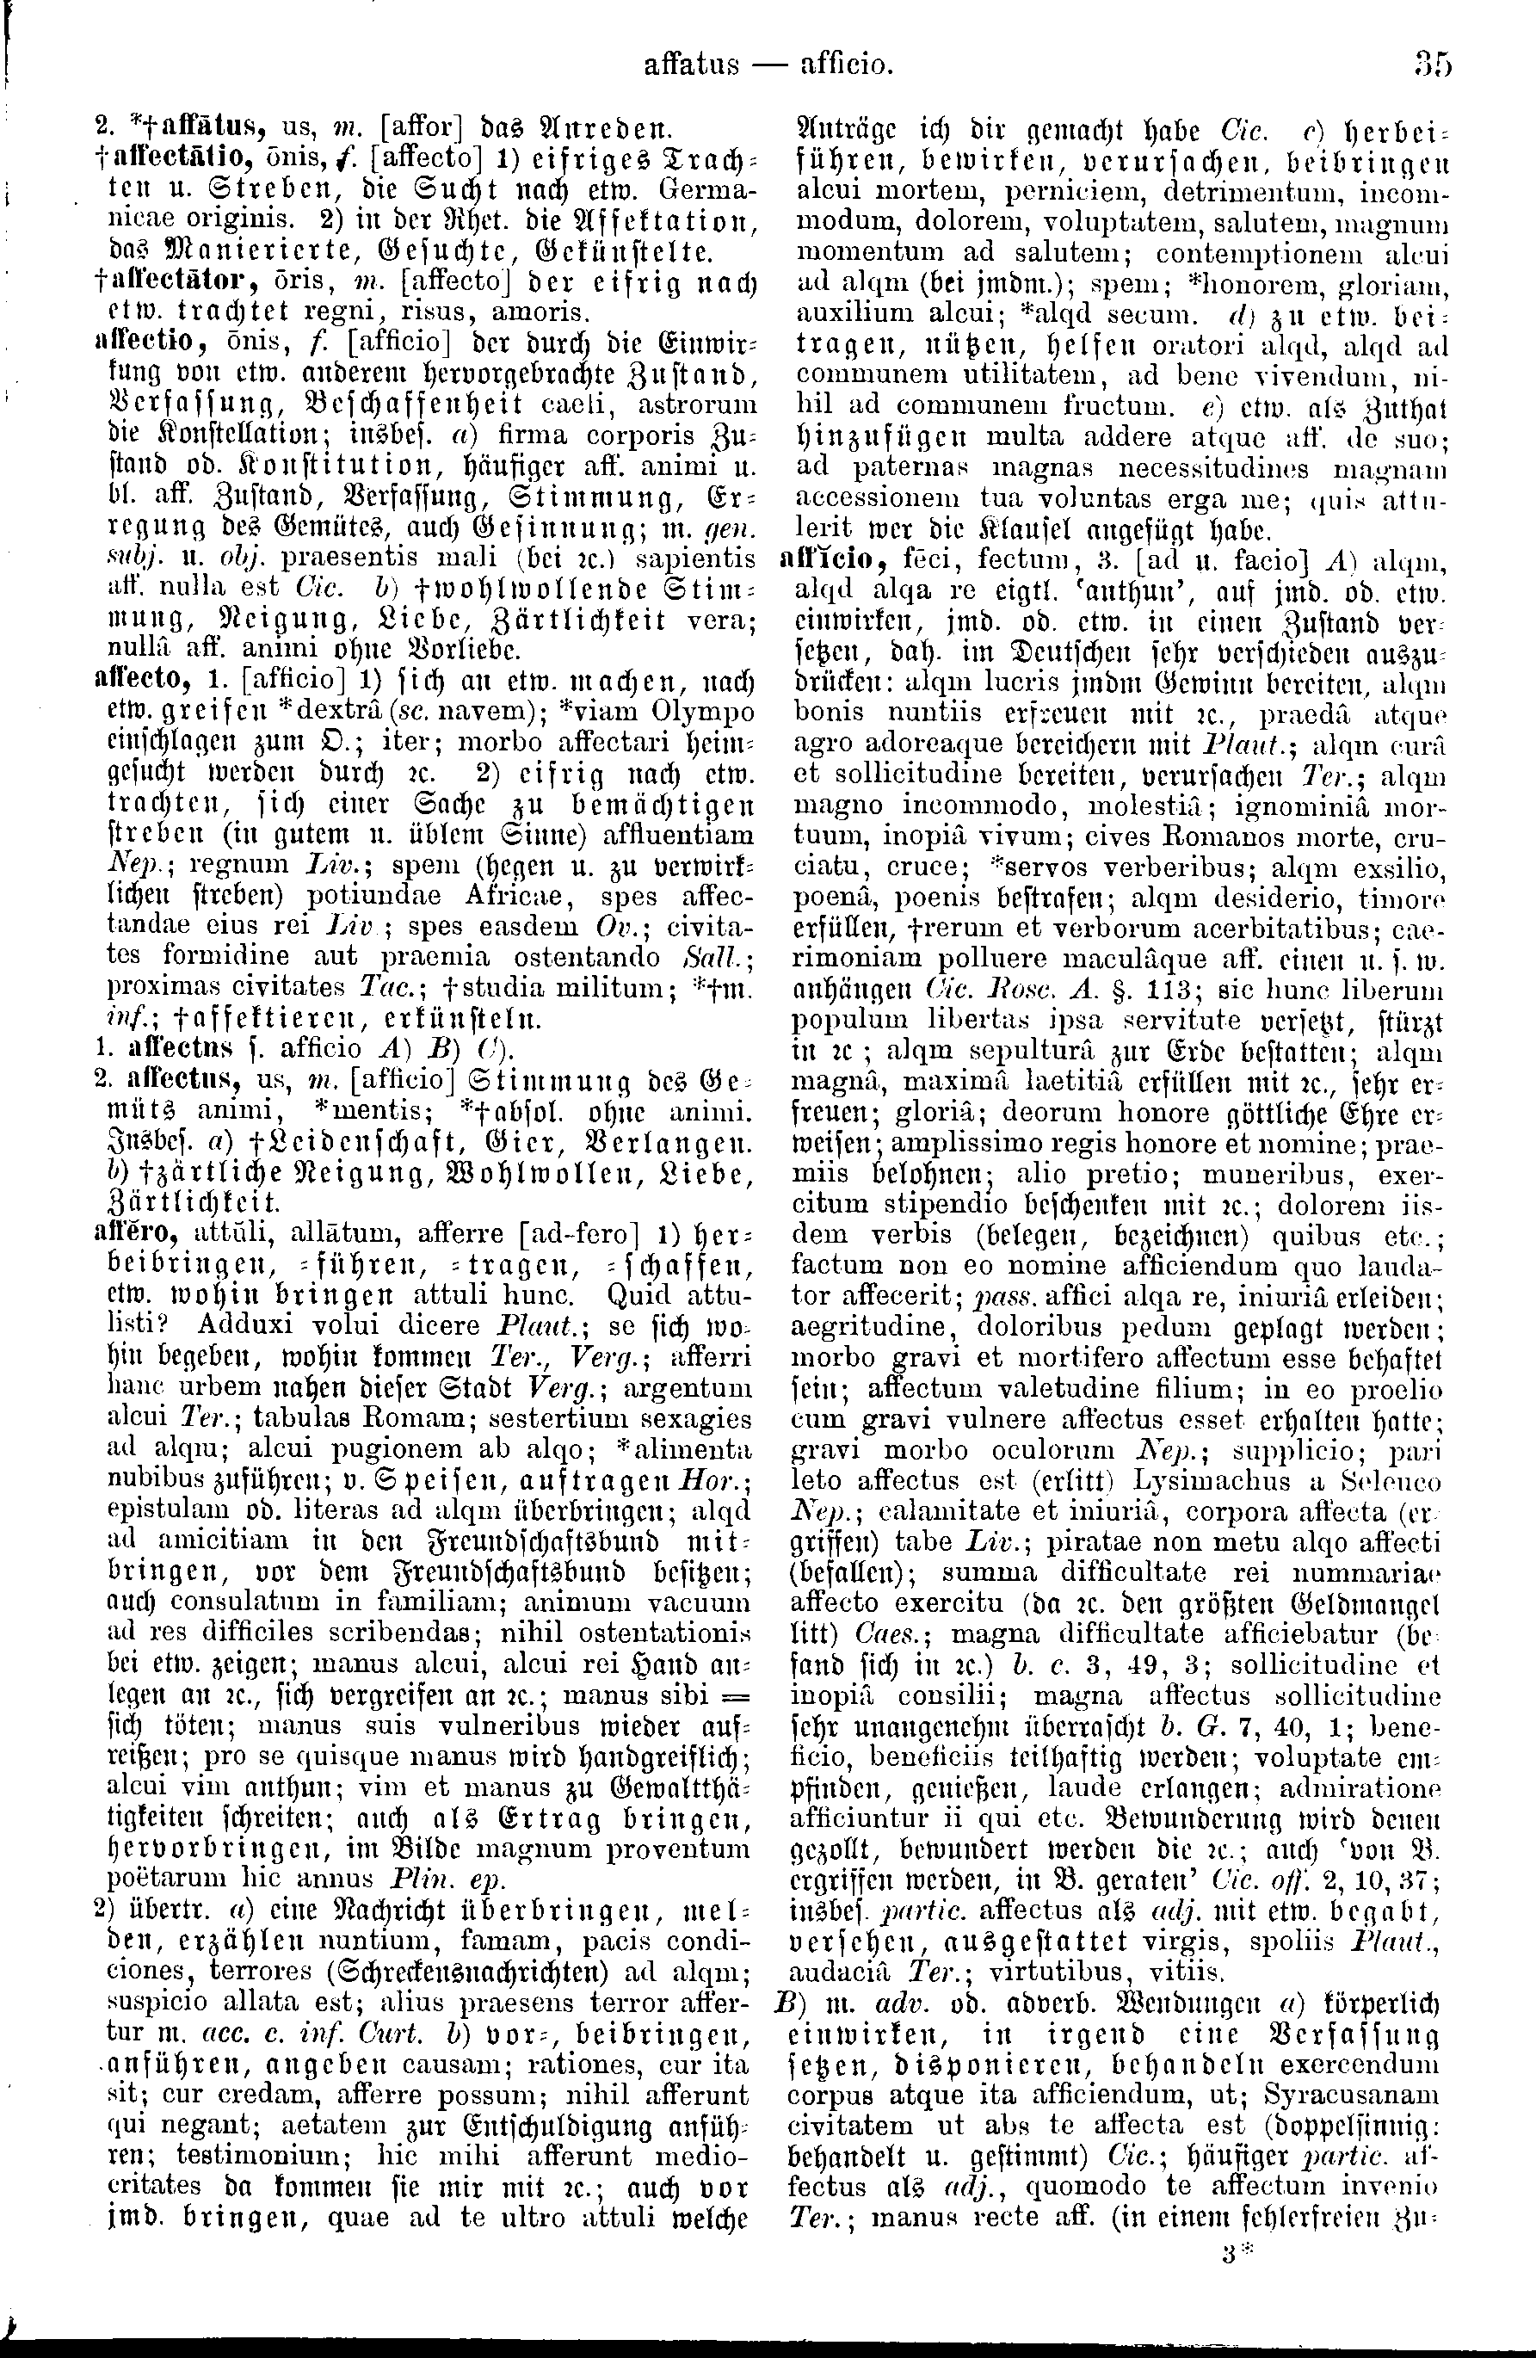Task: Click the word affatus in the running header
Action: point(691,65)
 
